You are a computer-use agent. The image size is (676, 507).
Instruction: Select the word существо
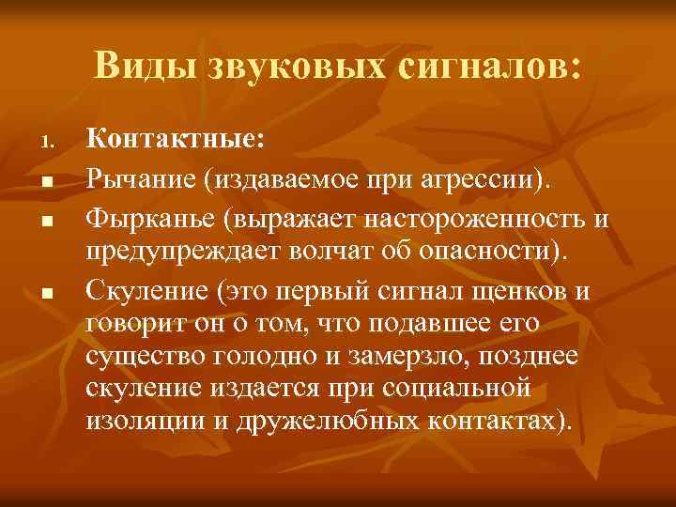pos(146,358)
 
